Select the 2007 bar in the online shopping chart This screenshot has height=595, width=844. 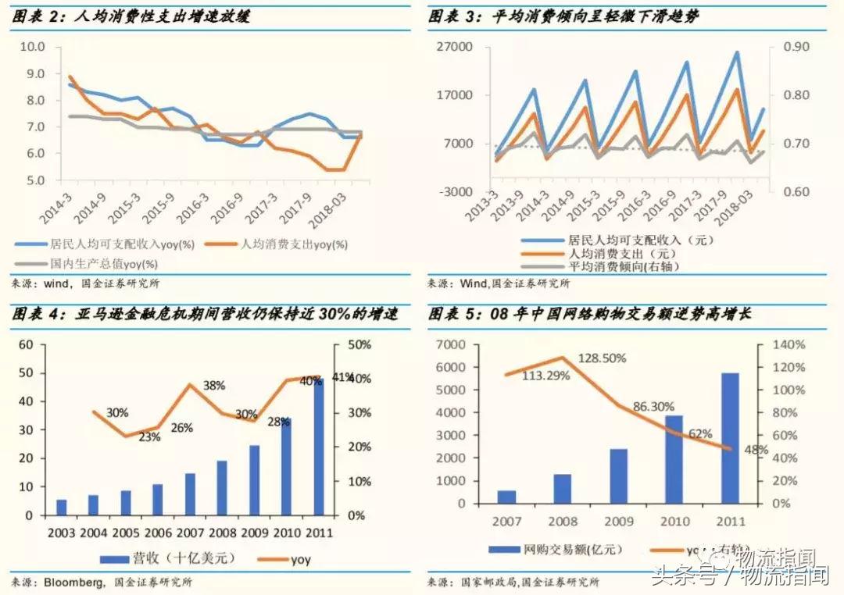point(506,497)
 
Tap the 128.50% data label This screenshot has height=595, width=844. point(603,358)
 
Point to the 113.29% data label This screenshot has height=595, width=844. point(545,375)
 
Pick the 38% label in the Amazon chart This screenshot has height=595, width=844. point(214,386)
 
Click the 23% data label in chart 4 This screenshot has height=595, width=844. point(149,437)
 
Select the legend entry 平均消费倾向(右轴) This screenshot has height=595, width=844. point(623,267)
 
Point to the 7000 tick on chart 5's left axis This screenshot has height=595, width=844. point(449,344)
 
